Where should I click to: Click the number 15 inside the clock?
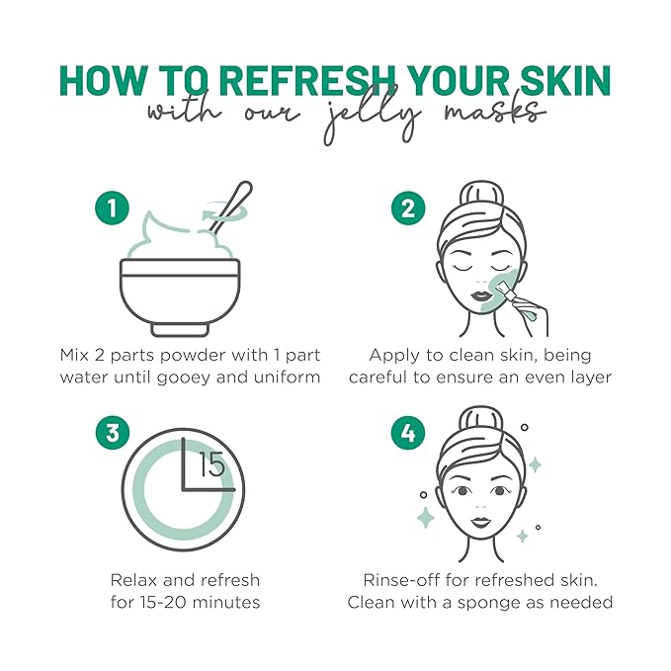[212, 465]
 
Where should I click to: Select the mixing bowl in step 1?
[179, 293]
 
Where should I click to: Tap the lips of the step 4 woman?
[479, 521]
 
